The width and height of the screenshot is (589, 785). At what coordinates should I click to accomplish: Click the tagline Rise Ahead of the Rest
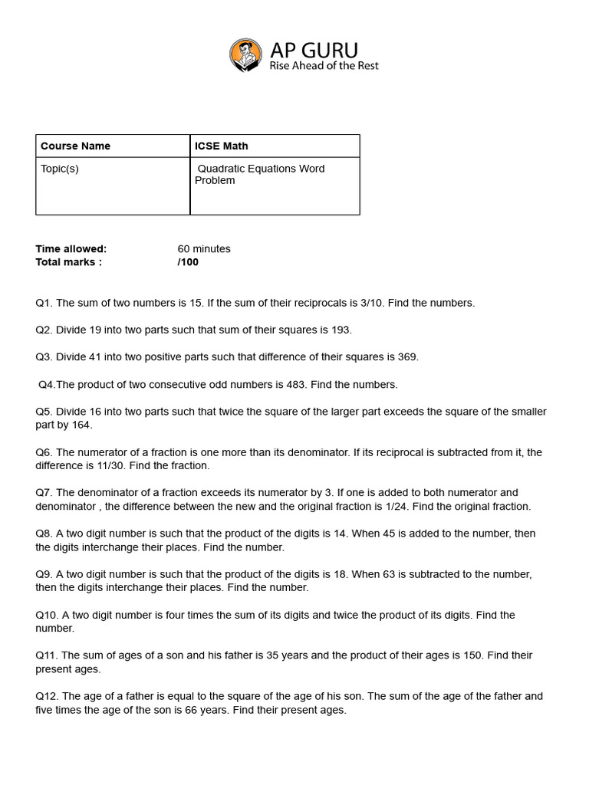tap(324, 66)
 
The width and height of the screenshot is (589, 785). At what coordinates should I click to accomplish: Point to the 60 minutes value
tap(204, 248)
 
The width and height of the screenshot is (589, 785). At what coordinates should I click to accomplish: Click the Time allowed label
tap(71, 248)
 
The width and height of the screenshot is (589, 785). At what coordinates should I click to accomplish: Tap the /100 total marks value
tap(188, 261)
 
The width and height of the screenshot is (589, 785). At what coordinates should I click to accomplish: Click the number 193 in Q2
tap(341, 330)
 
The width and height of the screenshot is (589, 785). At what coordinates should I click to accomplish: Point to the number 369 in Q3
tap(407, 356)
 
